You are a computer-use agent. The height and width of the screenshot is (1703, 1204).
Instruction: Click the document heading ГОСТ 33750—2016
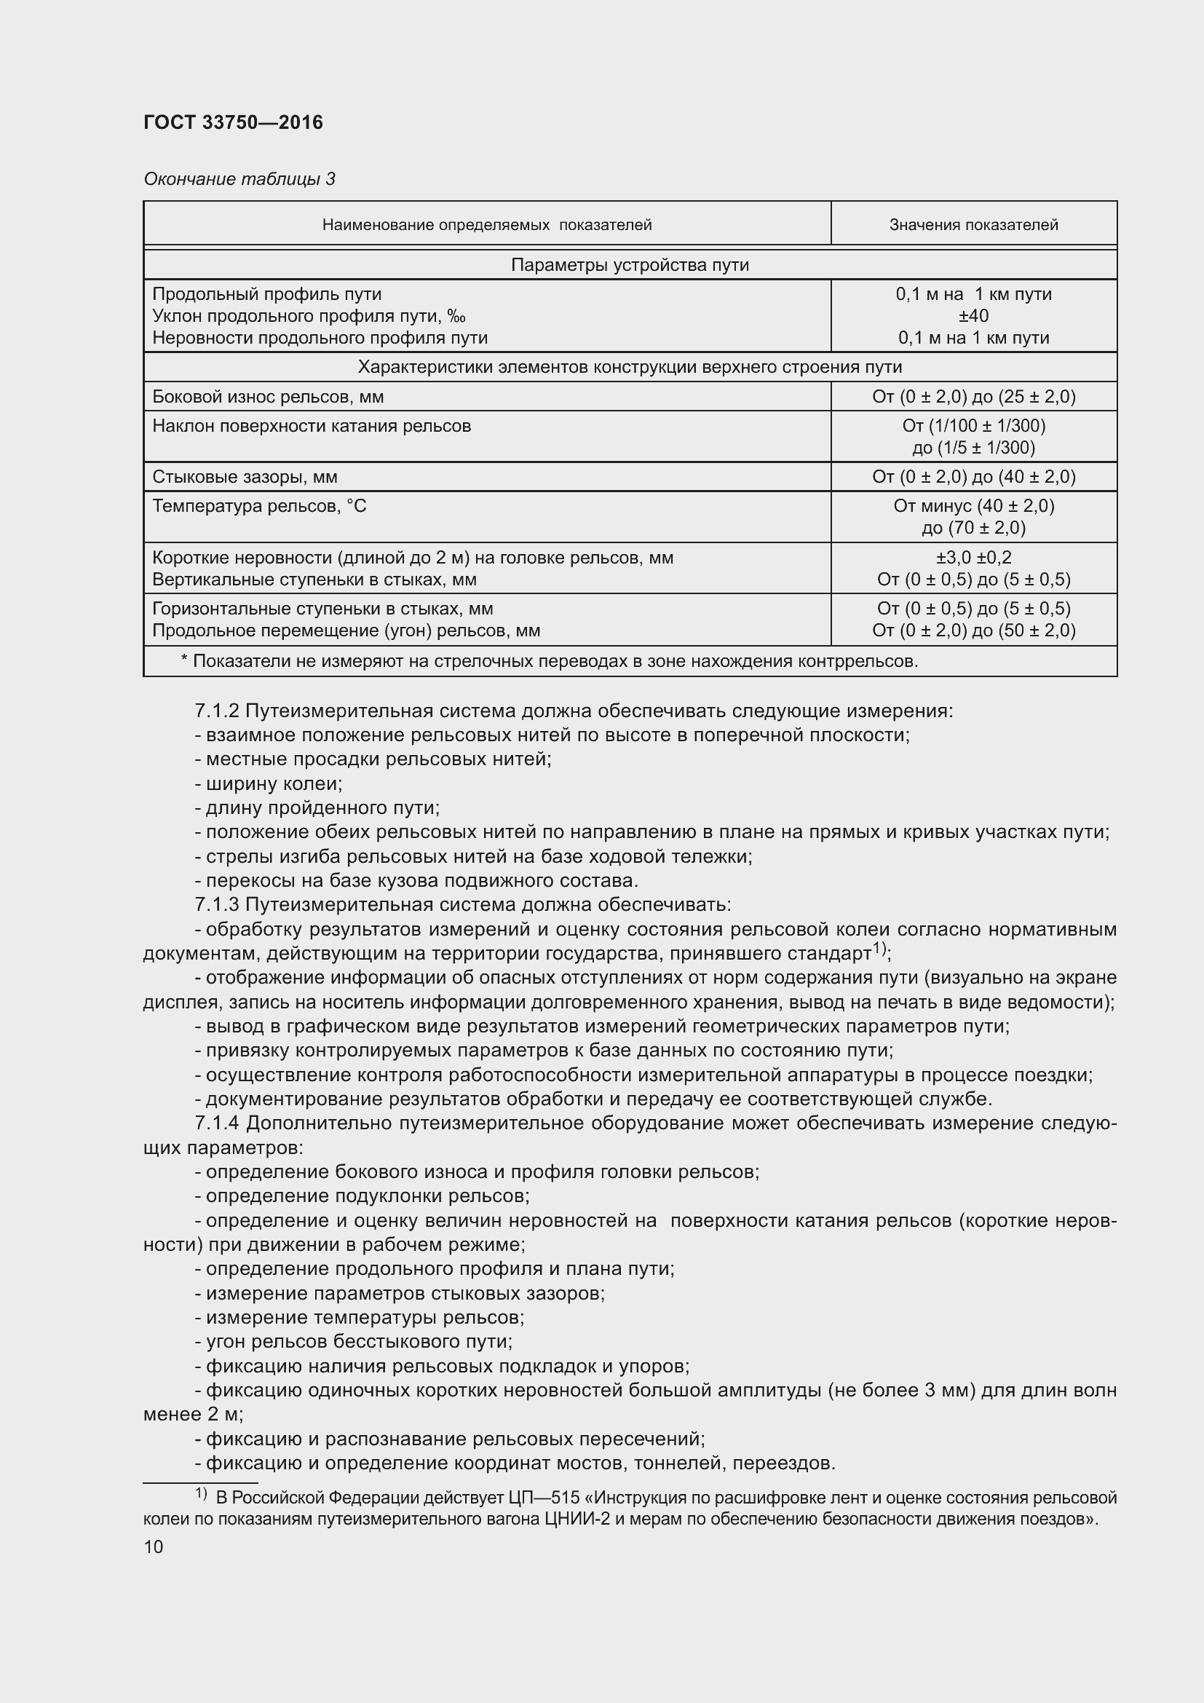[233, 122]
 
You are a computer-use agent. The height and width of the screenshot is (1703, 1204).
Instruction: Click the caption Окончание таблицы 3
[239, 179]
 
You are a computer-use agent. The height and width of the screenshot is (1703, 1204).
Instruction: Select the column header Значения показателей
[973, 225]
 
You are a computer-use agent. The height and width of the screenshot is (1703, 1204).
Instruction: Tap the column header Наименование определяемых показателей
[486, 225]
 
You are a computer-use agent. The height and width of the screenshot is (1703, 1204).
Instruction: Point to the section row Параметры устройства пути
[630, 265]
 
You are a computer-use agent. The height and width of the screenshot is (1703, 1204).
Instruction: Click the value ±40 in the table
[973, 316]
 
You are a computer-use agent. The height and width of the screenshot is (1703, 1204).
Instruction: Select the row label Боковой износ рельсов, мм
[268, 397]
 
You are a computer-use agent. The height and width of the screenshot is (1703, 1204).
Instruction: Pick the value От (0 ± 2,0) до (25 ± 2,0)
[973, 397]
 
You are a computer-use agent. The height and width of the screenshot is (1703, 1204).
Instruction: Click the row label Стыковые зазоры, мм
[245, 477]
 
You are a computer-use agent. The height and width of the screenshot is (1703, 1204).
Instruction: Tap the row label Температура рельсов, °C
[258, 507]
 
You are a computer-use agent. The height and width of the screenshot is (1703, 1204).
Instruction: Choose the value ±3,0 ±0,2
[973, 558]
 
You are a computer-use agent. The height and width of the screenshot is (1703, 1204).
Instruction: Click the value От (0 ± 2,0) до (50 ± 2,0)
[973, 631]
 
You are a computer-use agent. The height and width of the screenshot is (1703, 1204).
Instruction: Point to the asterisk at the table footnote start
[184, 660]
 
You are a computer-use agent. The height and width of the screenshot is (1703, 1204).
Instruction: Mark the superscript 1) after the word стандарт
[880, 949]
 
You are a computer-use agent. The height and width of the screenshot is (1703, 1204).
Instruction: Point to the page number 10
[154, 1547]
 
